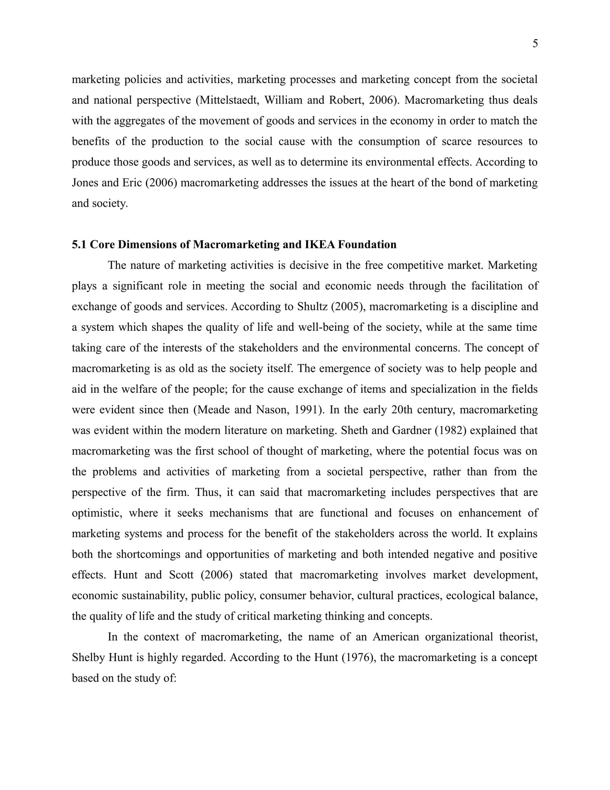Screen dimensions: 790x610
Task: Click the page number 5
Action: coord(535,44)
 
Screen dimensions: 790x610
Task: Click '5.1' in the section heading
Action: coord(79,245)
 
